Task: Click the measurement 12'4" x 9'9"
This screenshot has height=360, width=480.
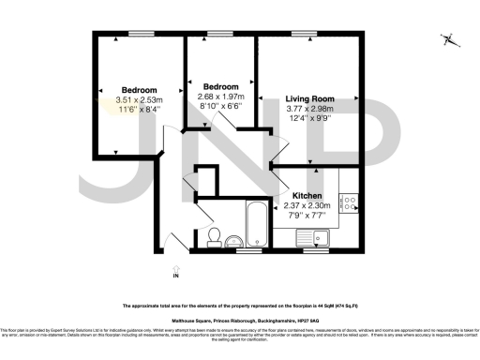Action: coord(308,117)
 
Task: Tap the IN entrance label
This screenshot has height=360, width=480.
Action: coord(175,276)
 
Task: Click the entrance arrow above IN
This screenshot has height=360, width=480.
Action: coord(175,265)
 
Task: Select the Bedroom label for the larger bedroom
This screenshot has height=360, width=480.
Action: coord(112,90)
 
